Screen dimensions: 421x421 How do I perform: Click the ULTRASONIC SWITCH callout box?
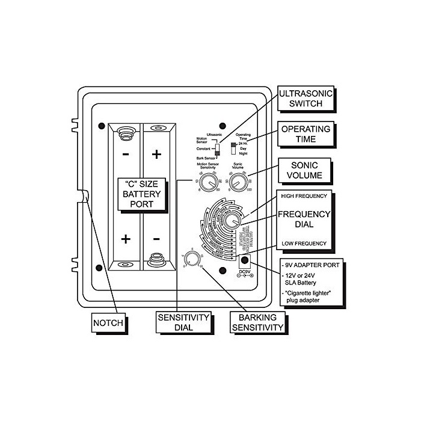pyautogui.click(x=305, y=97)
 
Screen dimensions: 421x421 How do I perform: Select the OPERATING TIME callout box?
pyautogui.click(x=307, y=134)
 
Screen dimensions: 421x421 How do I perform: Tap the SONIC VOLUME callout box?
pyautogui.click(x=307, y=170)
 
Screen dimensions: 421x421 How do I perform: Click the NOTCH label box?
pyautogui.click(x=108, y=323)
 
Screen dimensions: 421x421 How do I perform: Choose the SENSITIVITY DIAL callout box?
pyautogui.click(x=183, y=322)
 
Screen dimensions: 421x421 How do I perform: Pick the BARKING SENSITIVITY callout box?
pyautogui.click(x=257, y=322)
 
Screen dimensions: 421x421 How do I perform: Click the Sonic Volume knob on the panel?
pyautogui.click(x=239, y=182)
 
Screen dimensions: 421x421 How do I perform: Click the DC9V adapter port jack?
pyautogui.click(x=245, y=260)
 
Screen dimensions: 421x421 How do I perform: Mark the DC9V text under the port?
pyautogui.click(x=244, y=271)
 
